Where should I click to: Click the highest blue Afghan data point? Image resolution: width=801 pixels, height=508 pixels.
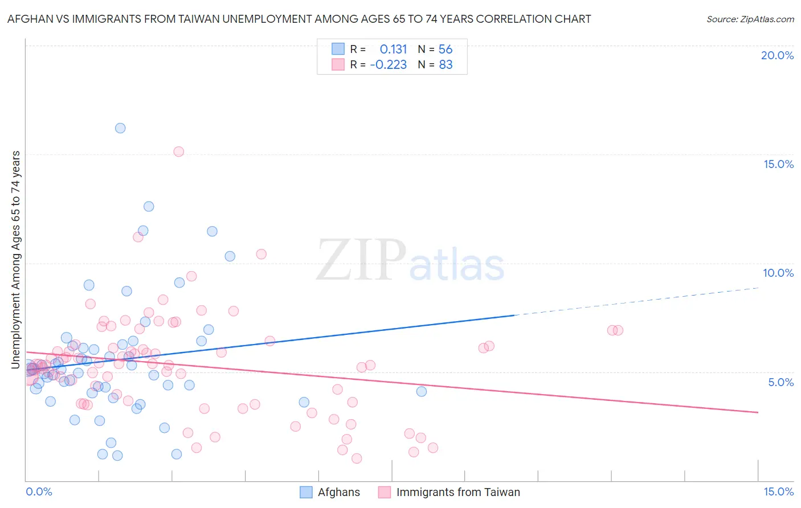[x=120, y=128]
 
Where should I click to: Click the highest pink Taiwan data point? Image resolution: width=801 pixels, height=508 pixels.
[x=178, y=151]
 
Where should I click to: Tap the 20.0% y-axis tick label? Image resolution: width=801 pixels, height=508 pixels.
[x=777, y=55]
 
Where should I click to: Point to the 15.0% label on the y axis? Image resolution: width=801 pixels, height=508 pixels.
[x=778, y=164]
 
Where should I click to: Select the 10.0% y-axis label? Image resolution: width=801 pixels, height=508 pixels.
[x=778, y=273]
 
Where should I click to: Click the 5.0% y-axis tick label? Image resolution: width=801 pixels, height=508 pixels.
[x=780, y=382]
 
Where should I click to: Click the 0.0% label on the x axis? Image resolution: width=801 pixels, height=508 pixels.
[x=39, y=491]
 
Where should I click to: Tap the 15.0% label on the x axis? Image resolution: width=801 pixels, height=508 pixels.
[x=778, y=491]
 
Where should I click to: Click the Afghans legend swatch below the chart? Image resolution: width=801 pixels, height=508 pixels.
[x=306, y=492]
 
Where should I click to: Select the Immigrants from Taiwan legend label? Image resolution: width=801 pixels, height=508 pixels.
[x=458, y=492]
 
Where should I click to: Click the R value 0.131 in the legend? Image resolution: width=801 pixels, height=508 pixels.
[x=393, y=49]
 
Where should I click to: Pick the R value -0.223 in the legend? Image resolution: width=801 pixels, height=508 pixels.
[x=389, y=65]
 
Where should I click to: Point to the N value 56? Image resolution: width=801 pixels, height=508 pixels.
[x=446, y=49]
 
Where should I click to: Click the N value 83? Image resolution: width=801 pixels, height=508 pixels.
[x=446, y=65]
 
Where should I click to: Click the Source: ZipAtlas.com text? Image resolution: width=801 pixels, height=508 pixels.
[x=750, y=19]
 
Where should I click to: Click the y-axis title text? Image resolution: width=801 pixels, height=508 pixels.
[x=15, y=259]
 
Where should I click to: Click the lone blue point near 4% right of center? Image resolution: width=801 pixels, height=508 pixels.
[x=422, y=391]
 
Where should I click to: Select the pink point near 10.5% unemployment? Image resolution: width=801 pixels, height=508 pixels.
[x=261, y=254]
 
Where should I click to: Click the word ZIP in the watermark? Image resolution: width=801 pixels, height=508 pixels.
[x=361, y=261]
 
